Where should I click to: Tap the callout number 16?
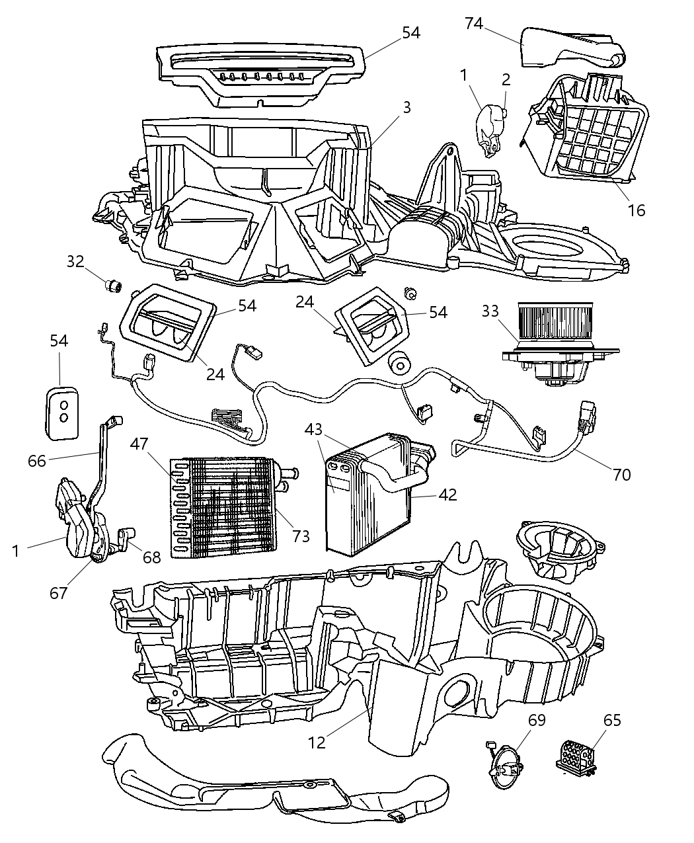coord(636,210)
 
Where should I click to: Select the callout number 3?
coord(406,107)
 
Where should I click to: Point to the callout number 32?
coord(75,261)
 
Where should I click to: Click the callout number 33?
coord(490,311)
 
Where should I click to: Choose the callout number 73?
coord(301,536)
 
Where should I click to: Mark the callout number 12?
coord(317,742)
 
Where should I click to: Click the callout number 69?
coord(537,720)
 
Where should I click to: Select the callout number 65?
coord(612,720)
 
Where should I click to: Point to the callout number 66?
coord(37,460)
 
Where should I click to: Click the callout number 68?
coord(151,557)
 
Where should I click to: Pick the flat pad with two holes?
coord(63,412)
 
